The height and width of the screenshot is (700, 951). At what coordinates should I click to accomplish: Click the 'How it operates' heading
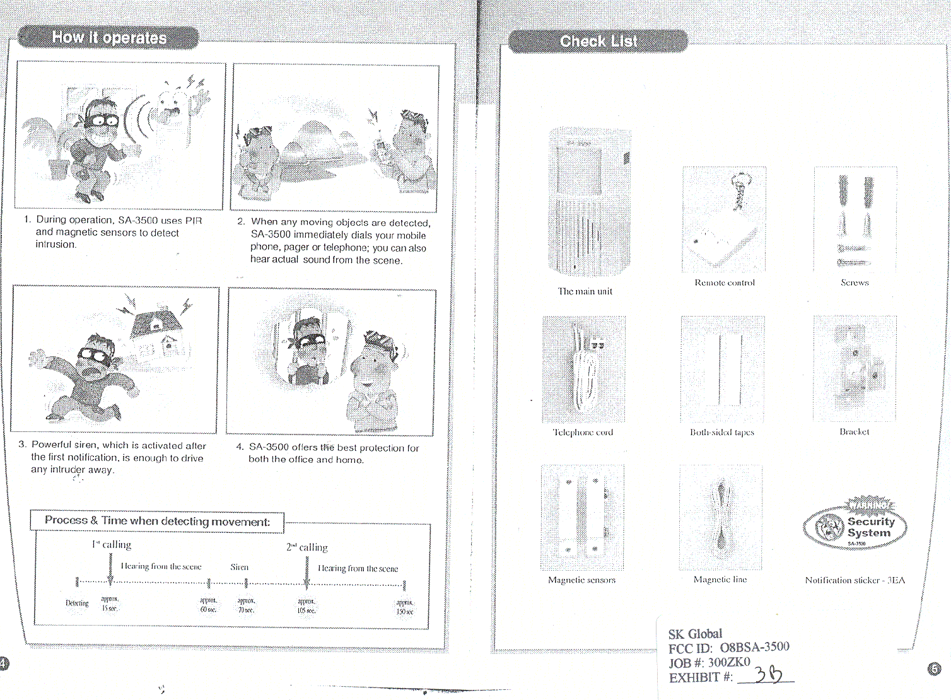(109, 38)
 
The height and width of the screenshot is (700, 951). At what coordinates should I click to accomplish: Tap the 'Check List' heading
(598, 42)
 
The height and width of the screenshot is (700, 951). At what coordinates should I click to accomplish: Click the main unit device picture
(589, 202)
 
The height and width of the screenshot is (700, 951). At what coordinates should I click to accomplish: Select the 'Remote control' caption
(725, 283)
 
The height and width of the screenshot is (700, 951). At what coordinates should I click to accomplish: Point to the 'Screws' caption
(855, 283)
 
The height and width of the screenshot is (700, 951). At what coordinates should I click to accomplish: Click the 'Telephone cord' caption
(583, 432)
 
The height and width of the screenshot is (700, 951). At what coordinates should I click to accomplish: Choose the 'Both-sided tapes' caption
(722, 432)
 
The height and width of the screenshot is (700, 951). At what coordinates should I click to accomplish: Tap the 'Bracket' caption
(854, 431)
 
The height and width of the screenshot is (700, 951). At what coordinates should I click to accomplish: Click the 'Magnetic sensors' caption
(581, 580)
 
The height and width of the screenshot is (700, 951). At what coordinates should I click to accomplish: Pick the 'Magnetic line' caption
(720, 579)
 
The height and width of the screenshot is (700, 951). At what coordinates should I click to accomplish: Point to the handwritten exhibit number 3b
(768, 675)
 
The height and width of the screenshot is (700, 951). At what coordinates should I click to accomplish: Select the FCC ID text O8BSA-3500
(754, 648)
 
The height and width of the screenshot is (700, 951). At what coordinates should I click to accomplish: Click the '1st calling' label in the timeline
(112, 544)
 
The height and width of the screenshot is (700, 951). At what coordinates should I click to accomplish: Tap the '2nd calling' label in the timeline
(307, 547)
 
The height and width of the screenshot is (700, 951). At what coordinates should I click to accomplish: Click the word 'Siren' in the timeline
(240, 567)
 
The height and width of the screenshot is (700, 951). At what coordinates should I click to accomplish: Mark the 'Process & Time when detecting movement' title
(157, 521)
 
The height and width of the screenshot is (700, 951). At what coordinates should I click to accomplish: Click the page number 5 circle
(934, 668)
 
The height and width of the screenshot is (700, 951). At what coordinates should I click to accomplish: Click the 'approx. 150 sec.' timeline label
(404, 607)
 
